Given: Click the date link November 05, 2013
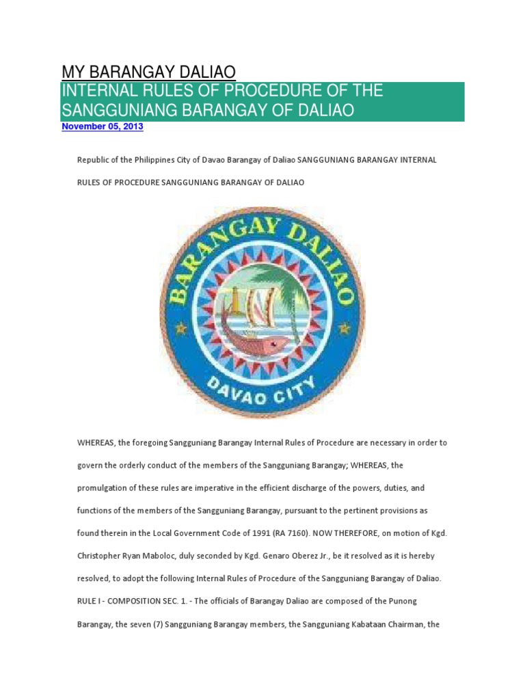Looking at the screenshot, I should click(x=103, y=127).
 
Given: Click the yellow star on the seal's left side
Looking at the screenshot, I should click(x=181, y=329).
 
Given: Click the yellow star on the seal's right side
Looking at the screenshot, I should click(x=344, y=329).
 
